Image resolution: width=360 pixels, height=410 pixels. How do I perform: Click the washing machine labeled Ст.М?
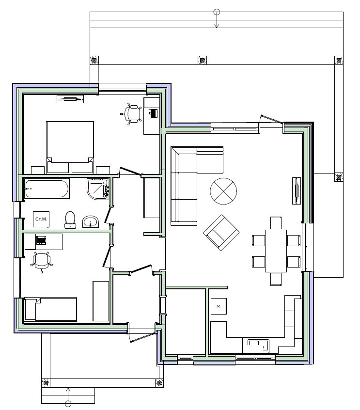pos(41,219)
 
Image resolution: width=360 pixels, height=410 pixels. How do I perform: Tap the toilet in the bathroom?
pos(70,220)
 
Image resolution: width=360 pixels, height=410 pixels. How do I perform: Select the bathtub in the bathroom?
pos(47,189)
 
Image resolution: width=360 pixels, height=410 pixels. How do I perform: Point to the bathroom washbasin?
pos(91,222)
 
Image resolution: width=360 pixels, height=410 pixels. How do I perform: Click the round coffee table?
pos(223,191)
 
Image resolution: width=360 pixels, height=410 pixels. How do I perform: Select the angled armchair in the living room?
pos(221,233)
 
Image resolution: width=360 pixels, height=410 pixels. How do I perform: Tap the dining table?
pos(276,251)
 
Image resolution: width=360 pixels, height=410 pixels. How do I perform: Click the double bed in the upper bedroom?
pos(70,147)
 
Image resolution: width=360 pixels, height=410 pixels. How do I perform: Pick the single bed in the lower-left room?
pos(51,309)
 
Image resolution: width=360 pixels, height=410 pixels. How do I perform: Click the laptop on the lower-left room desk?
pos(41,240)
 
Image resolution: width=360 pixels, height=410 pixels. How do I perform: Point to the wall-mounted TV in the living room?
pos(297,190)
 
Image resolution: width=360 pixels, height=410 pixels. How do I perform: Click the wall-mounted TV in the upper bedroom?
pos(70,99)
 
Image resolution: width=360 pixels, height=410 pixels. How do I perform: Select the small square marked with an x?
pos(219,306)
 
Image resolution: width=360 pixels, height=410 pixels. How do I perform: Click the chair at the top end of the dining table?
pos(276,223)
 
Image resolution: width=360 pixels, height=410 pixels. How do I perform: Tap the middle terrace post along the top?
pos(202,60)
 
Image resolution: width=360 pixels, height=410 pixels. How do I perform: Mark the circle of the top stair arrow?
pos(217,12)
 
